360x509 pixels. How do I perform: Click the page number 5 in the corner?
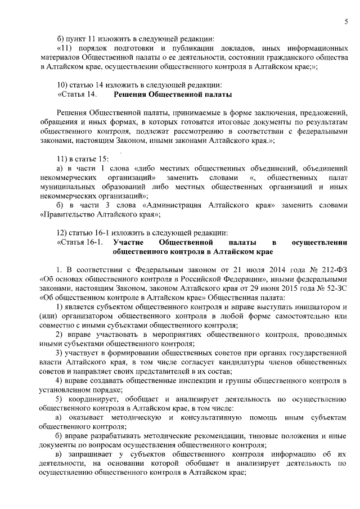pos(346,21)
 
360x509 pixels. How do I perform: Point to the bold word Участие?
pos(129,242)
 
